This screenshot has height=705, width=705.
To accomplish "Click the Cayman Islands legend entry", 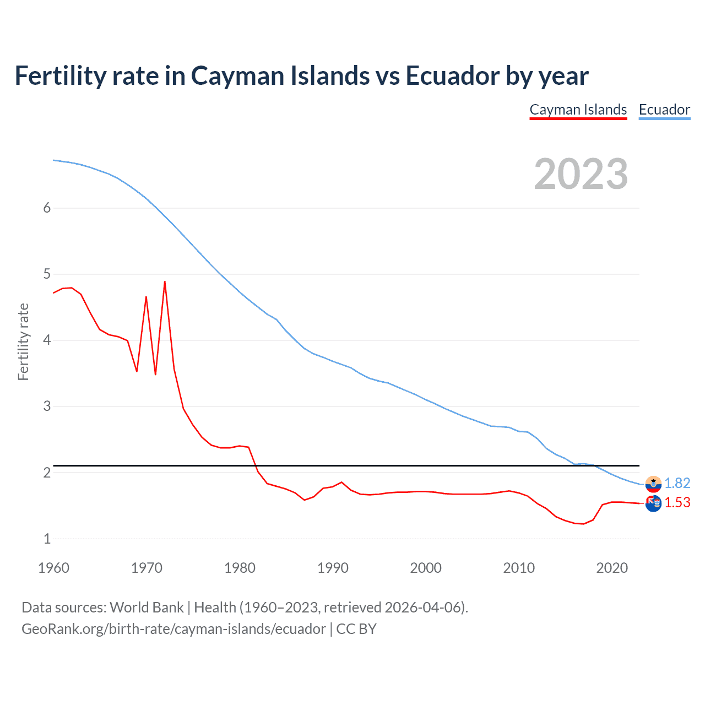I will pos(578,110).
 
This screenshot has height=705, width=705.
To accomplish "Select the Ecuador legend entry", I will pos(664,110).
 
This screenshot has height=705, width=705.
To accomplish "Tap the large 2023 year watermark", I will pos(581,174).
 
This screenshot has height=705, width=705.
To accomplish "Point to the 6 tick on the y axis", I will pos(47,208).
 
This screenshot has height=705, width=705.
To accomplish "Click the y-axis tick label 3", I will pos(47,406).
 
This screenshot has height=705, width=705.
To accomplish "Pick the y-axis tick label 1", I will pos(47,539).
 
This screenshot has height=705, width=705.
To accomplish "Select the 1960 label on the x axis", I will pos(53,568).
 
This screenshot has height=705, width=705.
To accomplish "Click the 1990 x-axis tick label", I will pos(333,568).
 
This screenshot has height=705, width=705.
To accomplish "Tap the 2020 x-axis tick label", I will pos(611,568).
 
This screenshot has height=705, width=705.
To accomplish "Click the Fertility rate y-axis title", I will pos(23,341).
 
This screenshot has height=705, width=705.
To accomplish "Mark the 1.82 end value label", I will pos(677,483).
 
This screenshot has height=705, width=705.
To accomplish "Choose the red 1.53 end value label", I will pos(677,502).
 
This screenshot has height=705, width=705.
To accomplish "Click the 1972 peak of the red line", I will pos(165,282).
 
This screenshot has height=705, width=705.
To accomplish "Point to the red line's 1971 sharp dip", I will pos(155,374).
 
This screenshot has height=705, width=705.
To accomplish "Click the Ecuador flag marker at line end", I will pos(653,484).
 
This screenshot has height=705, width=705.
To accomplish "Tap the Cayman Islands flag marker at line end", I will pos(653,503).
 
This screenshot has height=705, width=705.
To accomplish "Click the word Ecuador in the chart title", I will pos(452,75).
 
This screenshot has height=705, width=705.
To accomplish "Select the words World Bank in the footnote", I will pos(147,608).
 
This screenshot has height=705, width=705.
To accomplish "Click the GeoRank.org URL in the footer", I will pos(173,629).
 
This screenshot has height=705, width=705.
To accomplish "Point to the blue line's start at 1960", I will pos(53,160).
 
